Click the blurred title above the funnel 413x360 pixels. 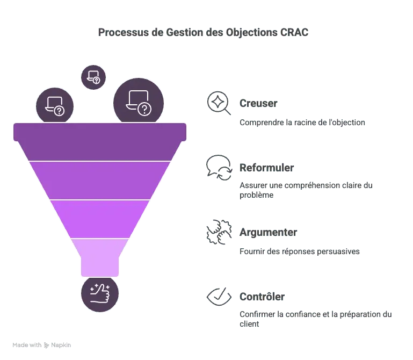tap(202, 33)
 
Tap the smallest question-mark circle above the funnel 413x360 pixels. tap(93, 77)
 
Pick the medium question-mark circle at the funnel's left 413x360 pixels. tap(54, 106)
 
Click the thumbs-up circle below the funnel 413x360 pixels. tap(100, 294)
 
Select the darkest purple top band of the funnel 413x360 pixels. tap(100, 141)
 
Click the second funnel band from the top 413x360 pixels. tap(100, 180)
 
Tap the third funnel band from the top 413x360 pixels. tap(100, 218)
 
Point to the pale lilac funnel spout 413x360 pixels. tap(100, 256)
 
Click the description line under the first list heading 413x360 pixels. tap(301, 124)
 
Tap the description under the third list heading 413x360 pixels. tap(299, 253)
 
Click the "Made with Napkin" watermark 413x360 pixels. tap(42, 344)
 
